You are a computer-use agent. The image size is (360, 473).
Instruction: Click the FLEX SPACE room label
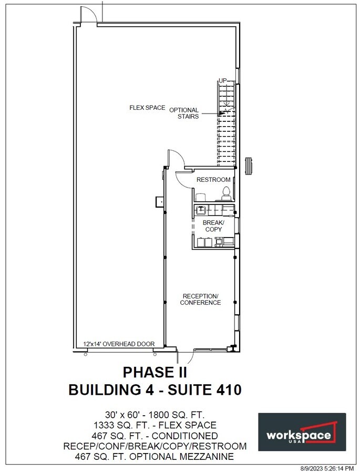pos(147,108)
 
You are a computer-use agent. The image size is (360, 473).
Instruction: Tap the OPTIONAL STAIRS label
pos(184,113)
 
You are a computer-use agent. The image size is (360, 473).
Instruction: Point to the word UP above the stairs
pos(223,80)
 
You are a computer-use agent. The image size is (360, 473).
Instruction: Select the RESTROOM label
pos(213,180)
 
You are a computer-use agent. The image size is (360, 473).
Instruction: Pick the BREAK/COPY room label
pos(213,226)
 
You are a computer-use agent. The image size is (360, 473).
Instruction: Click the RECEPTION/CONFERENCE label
pos(200,299)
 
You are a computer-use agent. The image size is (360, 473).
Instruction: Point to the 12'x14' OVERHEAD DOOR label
pos(119,344)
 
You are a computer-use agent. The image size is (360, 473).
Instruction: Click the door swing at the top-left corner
pos(87,15)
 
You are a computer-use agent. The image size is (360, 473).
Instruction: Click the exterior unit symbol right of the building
pos(250,165)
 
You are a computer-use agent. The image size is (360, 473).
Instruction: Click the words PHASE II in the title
pos(155,372)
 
